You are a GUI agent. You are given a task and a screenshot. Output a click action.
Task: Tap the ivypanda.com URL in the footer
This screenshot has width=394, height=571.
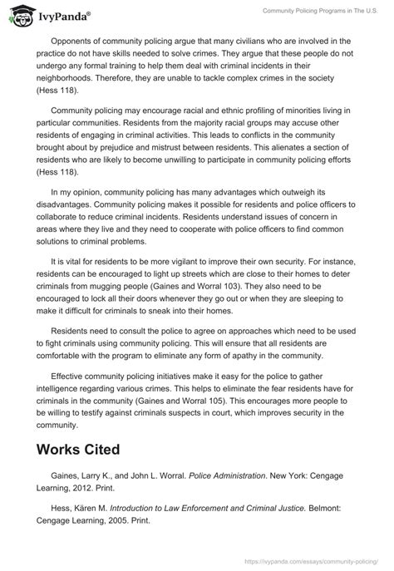[x=328, y=563]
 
